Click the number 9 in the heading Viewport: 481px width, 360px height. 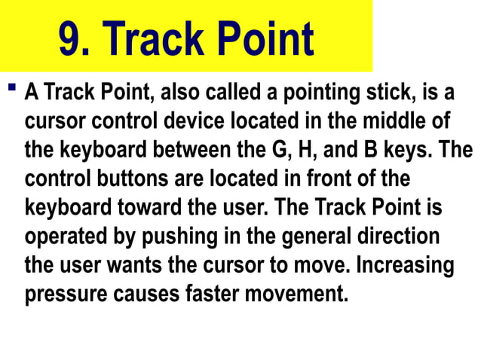[72, 38]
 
